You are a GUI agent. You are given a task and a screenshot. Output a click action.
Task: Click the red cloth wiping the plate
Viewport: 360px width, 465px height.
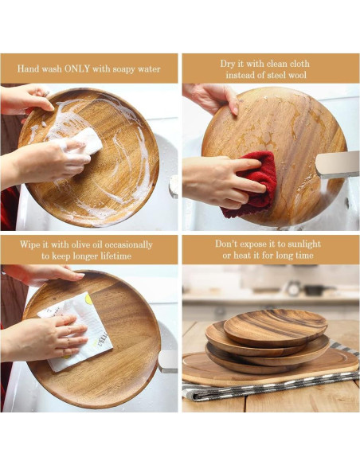pyautogui.click(x=253, y=185)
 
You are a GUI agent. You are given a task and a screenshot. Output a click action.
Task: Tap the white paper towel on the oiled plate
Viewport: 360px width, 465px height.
pyautogui.click(x=80, y=330)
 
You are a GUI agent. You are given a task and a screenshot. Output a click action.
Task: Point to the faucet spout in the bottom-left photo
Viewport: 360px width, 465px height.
pyautogui.click(x=168, y=362)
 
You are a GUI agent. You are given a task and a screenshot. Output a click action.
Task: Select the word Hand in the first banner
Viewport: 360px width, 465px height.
pyautogui.click(x=30, y=69)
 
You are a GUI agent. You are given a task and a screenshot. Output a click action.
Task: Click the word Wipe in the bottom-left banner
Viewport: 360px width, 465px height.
pyautogui.click(x=37, y=244)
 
